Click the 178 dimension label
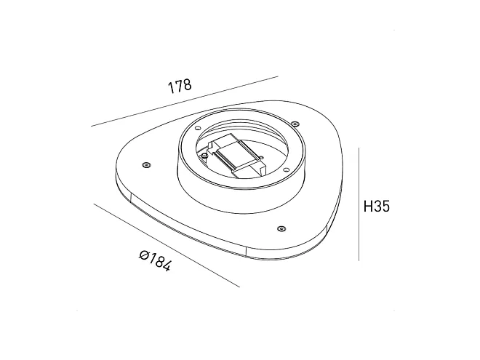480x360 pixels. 180,87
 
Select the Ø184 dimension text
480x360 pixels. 155,261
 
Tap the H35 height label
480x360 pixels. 377,207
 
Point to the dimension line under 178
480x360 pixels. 185,101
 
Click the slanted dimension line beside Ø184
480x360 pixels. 167,245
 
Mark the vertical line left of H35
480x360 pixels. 359,204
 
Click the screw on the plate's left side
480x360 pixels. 146,165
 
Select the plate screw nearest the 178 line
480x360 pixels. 295,124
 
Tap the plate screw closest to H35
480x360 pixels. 281,228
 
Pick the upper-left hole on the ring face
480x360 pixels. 197,128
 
